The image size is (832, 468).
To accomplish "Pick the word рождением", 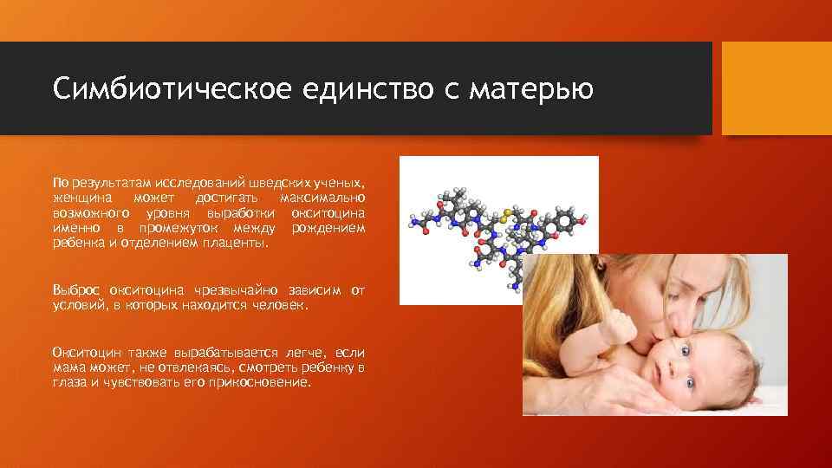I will (328, 228).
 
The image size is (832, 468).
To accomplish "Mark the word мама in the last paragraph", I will (68, 367).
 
